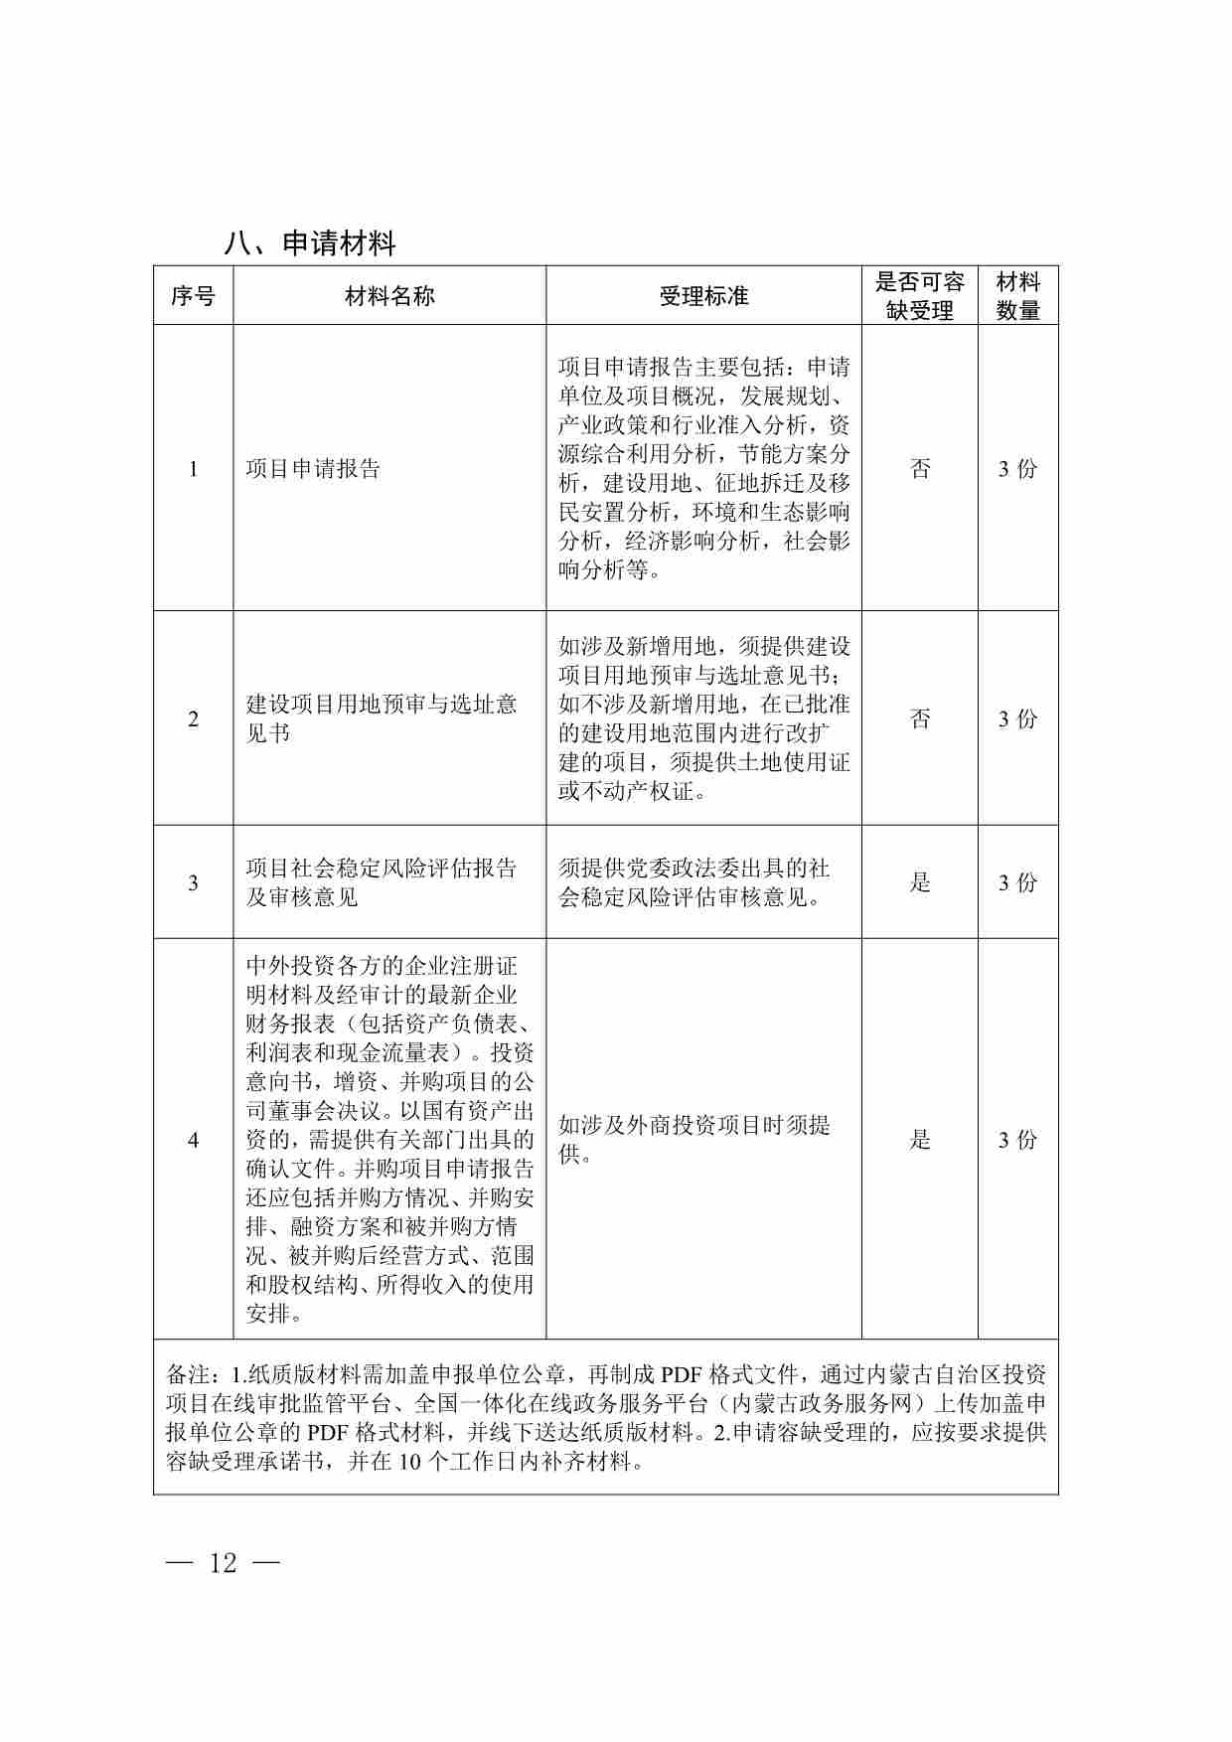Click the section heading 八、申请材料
click(x=310, y=243)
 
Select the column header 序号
click(x=193, y=296)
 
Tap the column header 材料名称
click(x=389, y=296)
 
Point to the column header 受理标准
click(x=703, y=296)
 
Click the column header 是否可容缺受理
click(x=920, y=296)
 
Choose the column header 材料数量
click(x=1017, y=296)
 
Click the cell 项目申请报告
click(x=314, y=469)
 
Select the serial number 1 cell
click(x=194, y=469)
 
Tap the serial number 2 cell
click(x=194, y=718)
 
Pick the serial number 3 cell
click(x=194, y=882)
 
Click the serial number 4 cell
click(x=194, y=1140)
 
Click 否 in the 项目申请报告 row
click(x=921, y=469)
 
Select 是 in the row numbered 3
click(x=921, y=882)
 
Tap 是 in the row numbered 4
click(x=921, y=1140)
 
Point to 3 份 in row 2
click(x=1017, y=718)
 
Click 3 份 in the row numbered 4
click(x=1017, y=1140)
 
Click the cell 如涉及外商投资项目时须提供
click(x=694, y=1140)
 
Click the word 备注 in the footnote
click(x=187, y=1375)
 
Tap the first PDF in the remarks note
click(x=682, y=1375)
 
